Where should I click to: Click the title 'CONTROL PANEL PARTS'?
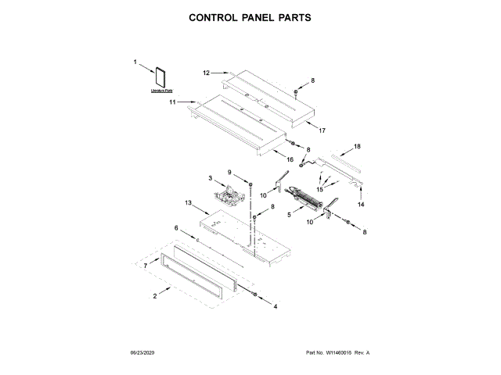(x=250, y=16)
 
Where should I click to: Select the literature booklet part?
(x=161, y=77)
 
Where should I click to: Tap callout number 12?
(x=207, y=73)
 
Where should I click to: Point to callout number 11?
(x=173, y=102)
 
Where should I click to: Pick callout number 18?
(x=357, y=146)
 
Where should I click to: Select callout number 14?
(x=361, y=204)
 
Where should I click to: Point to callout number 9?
(x=230, y=172)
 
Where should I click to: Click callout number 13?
(x=189, y=202)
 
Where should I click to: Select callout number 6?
(x=176, y=228)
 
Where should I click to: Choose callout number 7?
(x=145, y=266)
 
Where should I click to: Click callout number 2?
(x=155, y=295)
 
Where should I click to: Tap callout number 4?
(x=275, y=306)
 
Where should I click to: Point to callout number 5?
(x=289, y=213)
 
